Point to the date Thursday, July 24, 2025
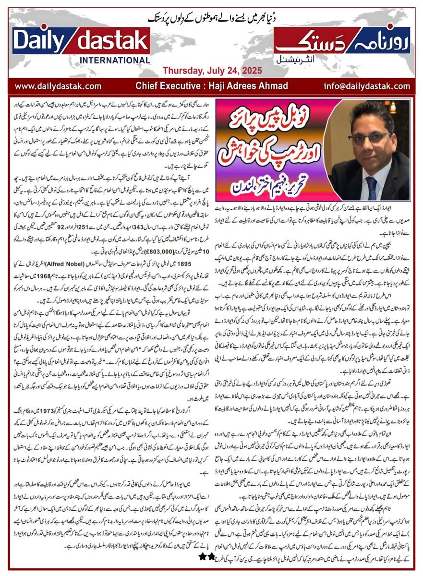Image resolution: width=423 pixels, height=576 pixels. point(212,71)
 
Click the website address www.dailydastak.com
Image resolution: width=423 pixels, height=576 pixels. point(58,86)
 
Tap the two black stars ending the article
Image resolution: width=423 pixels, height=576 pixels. point(207,556)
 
